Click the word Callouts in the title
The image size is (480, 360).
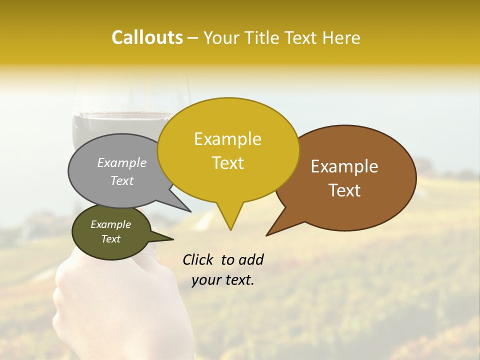point(147,37)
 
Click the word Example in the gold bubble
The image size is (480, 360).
point(227,139)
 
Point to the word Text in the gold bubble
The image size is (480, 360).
point(227,163)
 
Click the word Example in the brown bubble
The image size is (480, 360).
point(344,166)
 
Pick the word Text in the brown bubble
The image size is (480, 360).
point(344,190)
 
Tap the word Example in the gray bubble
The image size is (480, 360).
point(121,162)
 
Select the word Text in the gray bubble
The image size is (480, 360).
point(121,181)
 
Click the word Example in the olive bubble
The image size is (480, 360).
point(110,224)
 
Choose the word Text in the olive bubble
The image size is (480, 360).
point(110,239)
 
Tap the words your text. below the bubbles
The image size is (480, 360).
point(223,280)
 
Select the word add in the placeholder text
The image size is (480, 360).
point(250,259)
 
